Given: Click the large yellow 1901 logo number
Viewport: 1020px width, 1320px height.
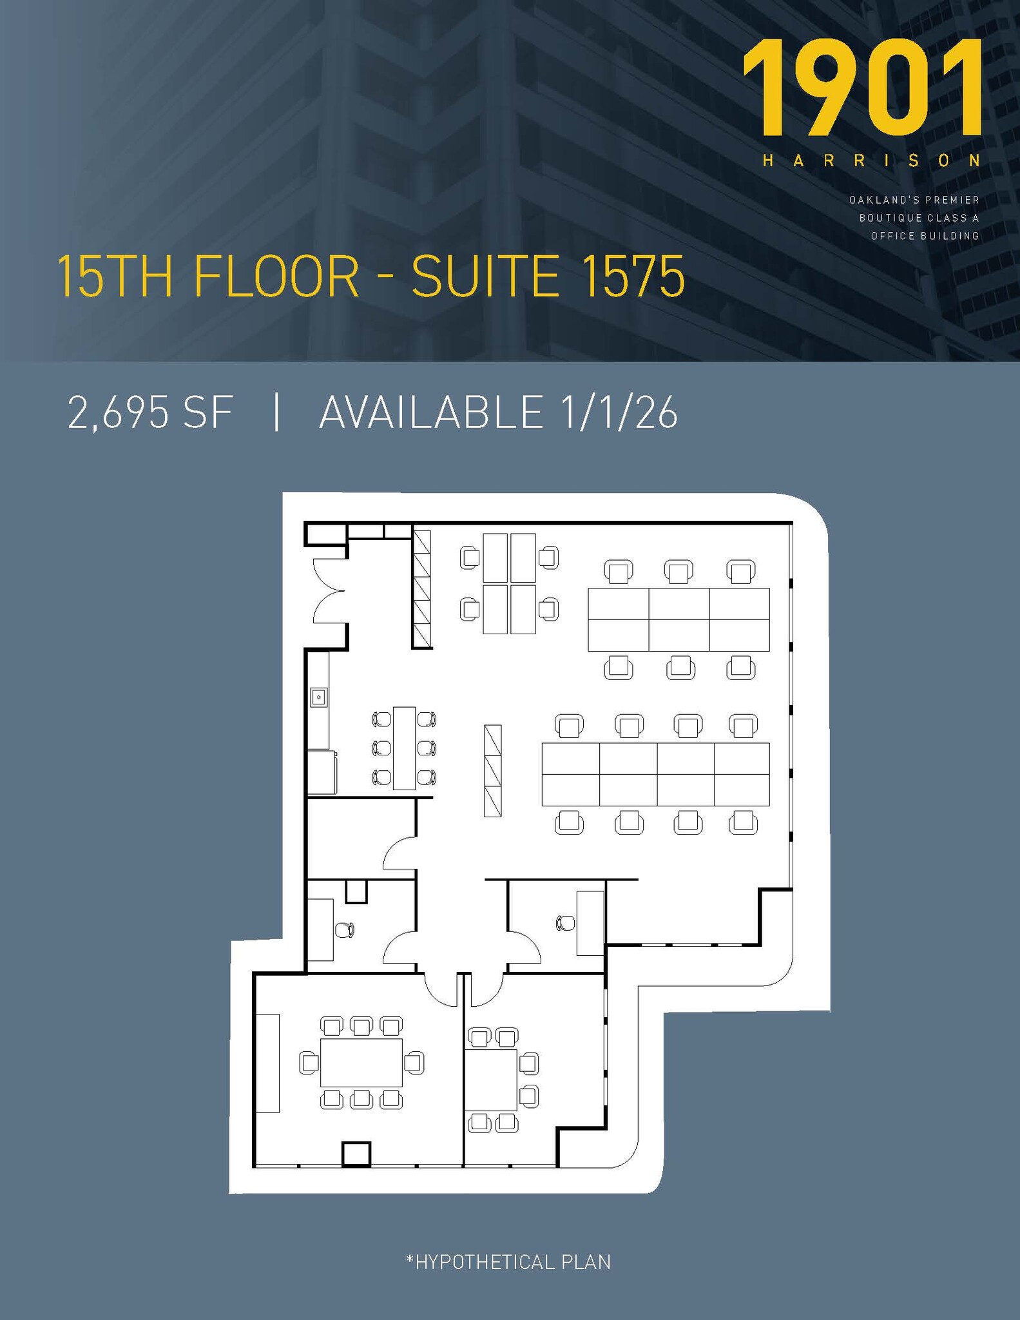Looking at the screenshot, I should coord(862,88).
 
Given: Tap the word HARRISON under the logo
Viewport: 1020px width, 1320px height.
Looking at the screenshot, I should coord(871,160).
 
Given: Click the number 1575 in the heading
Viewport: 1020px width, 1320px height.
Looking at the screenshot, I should coord(629,277).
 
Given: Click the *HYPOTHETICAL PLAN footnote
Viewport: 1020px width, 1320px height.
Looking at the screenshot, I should coord(508,1262).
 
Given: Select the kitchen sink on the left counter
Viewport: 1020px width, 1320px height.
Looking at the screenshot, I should coord(318,697).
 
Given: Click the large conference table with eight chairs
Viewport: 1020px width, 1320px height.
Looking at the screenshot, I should coord(361,1063).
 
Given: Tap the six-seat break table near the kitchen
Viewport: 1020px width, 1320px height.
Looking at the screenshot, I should coord(404,748).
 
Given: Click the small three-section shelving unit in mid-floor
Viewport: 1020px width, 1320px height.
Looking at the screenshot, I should coord(492,771).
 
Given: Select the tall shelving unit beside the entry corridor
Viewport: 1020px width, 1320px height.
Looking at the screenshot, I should coord(422,589).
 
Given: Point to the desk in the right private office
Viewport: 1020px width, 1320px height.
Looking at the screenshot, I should coord(590,923).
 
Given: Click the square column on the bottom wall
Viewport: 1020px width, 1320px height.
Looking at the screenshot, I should coord(356,1154).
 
